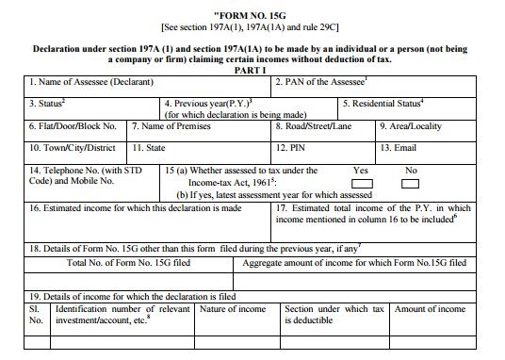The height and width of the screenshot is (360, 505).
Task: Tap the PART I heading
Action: (x=252, y=69)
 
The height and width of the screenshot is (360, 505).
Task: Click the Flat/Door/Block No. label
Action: (x=71, y=125)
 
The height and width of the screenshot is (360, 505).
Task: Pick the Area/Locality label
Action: (x=415, y=125)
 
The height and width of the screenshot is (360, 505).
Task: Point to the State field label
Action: (x=151, y=148)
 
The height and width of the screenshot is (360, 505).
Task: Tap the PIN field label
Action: (x=288, y=148)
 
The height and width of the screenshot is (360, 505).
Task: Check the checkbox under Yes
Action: (x=362, y=183)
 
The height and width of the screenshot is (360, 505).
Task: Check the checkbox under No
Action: (x=410, y=183)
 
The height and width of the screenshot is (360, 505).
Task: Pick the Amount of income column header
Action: (x=431, y=309)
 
